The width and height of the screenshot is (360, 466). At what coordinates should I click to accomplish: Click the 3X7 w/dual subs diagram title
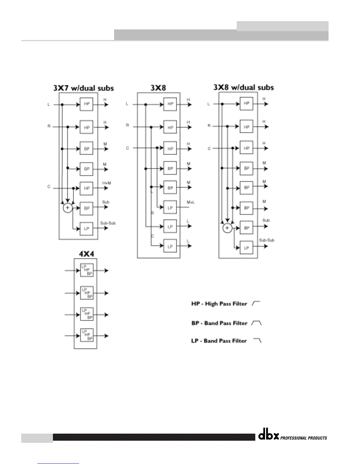[x=84, y=88]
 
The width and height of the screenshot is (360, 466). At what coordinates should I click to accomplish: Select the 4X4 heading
[x=86, y=254]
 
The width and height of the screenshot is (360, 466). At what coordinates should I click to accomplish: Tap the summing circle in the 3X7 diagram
[x=68, y=208]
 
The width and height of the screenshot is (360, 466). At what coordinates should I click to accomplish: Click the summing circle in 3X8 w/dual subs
[x=227, y=228]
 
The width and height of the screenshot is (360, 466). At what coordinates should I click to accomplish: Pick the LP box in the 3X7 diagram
[x=86, y=229]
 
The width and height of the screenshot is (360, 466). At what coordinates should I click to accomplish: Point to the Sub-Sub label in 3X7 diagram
[x=108, y=223]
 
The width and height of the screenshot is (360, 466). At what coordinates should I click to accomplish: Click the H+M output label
[x=106, y=183]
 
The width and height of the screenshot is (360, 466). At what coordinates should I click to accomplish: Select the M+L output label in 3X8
[x=191, y=202]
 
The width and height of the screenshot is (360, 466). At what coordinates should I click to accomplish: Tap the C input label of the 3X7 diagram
[x=49, y=187]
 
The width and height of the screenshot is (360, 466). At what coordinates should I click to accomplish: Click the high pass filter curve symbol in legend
[x=257, y=303]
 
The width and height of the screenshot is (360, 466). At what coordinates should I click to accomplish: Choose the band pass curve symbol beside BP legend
[x=257, y=323]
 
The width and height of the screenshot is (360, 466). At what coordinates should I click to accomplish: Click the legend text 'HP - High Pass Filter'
[x=219, y=304]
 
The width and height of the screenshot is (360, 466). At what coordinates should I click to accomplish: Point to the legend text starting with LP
[x=219, y=341]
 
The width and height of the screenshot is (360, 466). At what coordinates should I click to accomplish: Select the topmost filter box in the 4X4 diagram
[x=87, y=270]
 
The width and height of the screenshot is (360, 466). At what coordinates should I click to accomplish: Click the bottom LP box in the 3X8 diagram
[x=170, y=247]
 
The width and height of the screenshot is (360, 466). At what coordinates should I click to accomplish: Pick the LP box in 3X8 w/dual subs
[x=246, y=248]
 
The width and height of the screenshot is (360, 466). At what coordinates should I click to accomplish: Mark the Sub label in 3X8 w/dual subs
[x=266, y=220]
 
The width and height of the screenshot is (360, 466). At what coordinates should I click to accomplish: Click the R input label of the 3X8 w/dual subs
[x=209, y=126]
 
